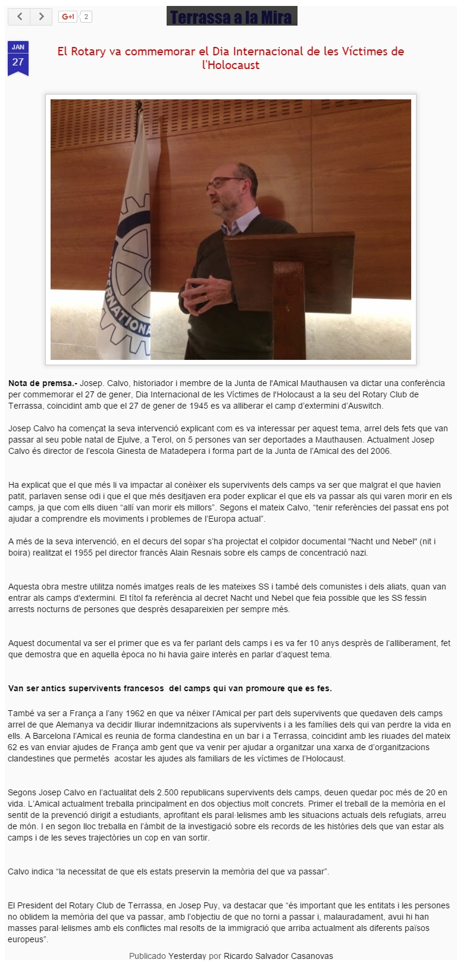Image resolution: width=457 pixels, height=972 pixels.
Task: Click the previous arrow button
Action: coord(19,17)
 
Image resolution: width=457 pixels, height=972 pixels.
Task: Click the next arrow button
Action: coord(41,17)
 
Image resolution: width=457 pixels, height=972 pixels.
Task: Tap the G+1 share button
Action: coord(68,17)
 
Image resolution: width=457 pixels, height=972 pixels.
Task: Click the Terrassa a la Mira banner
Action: coord(231,17)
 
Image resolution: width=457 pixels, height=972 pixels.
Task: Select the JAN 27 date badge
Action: coord(18,58)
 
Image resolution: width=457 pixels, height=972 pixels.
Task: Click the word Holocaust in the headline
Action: coord(231,65)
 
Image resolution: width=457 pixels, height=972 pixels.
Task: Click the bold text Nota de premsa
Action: coord(42,383)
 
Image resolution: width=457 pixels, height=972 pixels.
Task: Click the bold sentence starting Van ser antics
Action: coord(170,688)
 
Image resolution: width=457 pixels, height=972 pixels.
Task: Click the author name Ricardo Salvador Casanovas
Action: coord(278,956)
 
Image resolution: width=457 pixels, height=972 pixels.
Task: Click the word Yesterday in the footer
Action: coord(187,956)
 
